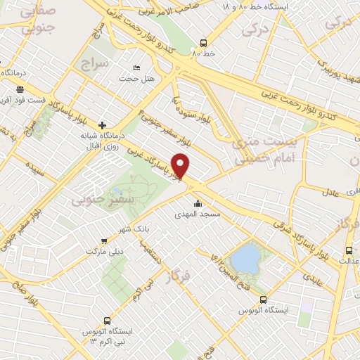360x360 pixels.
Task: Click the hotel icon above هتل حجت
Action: pyautogui.click(x=136, y=68)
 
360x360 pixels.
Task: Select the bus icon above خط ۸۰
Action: pyautogui.click(x=203, y=41)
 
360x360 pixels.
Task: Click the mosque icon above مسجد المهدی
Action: pyautogui.click(x=198, y=204)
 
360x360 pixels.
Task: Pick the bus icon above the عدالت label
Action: pyautogui.click(x=349, y=250)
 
